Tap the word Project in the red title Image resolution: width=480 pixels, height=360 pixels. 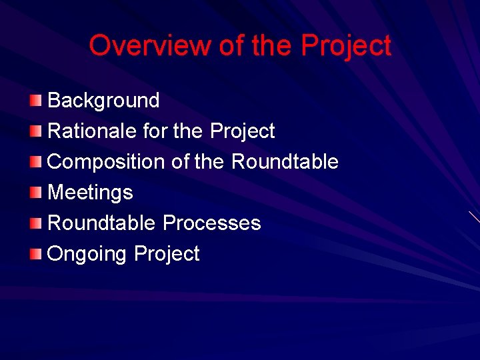tap(346, 46)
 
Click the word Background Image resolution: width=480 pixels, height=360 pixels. tap(103, 101)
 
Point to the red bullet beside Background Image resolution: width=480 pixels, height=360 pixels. tap(35, 101)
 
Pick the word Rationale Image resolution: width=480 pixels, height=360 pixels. tap(93, 131)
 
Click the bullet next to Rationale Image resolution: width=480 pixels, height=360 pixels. tap(35, 131)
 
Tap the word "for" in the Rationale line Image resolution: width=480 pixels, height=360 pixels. tap(156, 131)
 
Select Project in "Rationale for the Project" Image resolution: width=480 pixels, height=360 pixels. tap(242, 131)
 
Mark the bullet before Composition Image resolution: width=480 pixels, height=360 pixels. tap(35, 162)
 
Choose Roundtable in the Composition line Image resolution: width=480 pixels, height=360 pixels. tap(285, 162)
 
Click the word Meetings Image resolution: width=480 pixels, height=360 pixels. tap(90, 193)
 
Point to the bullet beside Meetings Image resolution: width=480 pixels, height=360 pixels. tap(35, 193)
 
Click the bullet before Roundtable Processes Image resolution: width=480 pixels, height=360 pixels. tap(35, 223)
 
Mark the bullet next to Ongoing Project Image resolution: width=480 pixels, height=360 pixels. tap(35, 253)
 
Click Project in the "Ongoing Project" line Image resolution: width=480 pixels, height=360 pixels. tap(167, 254)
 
